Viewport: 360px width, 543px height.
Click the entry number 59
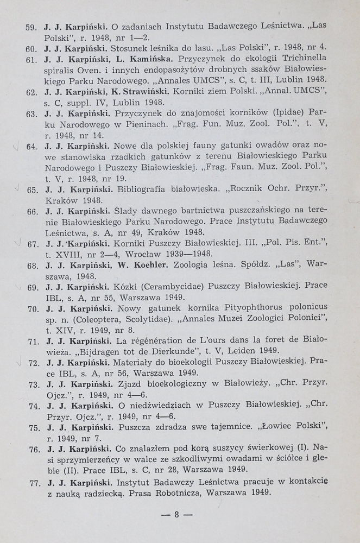coord(31,26)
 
